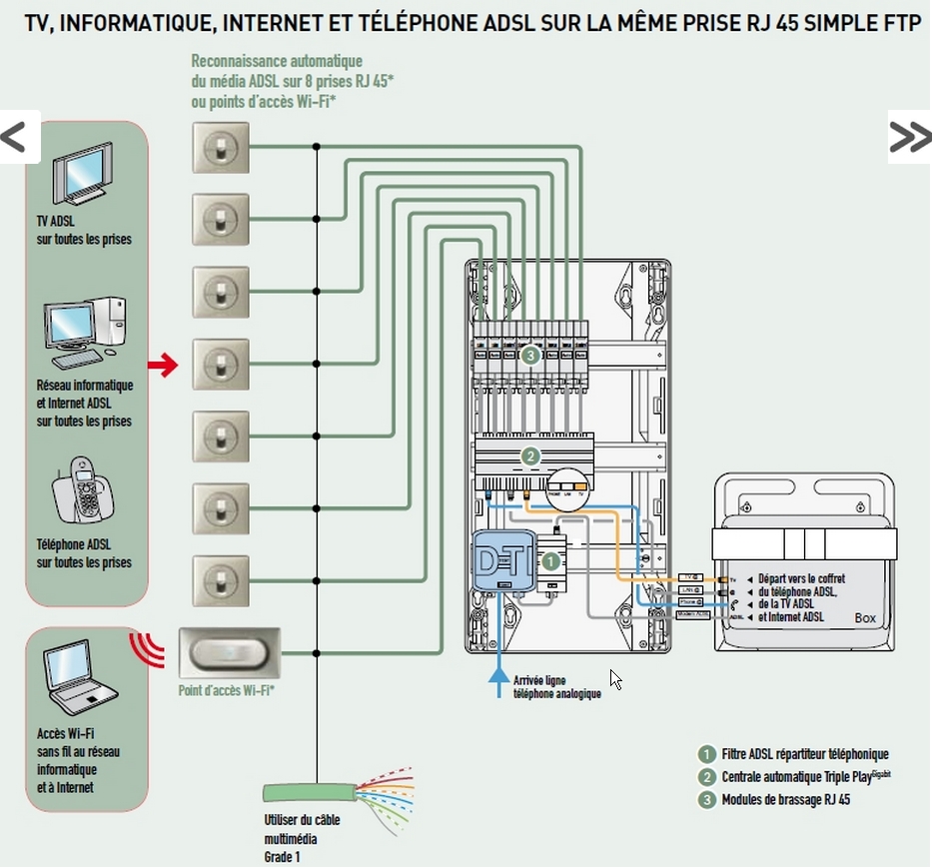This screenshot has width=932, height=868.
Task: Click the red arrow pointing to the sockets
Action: click(162, 366)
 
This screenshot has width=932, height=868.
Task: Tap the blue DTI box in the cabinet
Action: click(505, 563)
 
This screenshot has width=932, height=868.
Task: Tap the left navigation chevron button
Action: click(17, 137)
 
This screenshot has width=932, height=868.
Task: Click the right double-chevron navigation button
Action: click(909, 137)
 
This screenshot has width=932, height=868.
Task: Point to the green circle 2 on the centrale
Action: click(530, 456)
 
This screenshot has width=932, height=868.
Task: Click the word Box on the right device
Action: click(865, 618)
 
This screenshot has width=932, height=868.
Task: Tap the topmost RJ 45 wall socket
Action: click(220, 148)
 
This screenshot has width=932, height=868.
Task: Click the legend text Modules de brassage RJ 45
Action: click(785, 799)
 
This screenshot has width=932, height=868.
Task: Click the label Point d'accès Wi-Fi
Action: click(228, 690)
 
